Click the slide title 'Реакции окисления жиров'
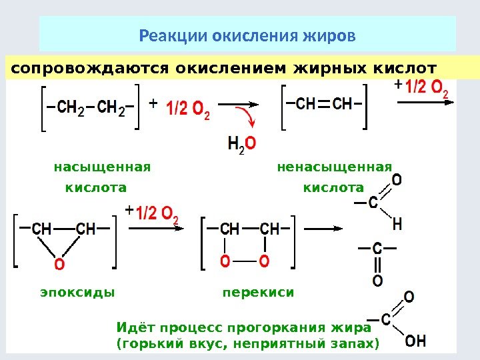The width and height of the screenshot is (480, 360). pos(247,34)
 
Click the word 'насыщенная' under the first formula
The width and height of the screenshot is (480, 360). pos(102,166)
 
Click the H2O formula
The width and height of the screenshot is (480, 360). pos(241,143)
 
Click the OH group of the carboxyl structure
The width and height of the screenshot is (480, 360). pos(415,341)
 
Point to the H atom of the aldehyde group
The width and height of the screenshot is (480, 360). pos(397,224)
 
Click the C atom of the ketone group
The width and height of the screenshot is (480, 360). pos(377,249)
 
